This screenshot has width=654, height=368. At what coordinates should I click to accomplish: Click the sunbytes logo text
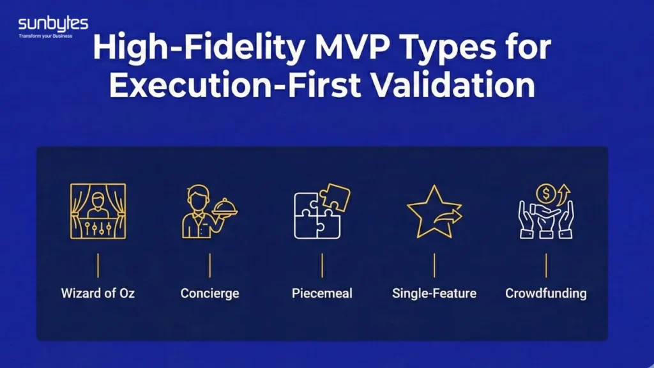coord(53,24)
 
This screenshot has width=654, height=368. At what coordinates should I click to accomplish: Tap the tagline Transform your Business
coord(45,36)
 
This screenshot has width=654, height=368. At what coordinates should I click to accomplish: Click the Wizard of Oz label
coord(98,293)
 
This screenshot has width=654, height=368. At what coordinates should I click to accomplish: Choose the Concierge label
coord(209,293)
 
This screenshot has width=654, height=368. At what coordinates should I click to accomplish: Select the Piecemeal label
coord(322,293)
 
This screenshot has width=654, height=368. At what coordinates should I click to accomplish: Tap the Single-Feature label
coord(434,293)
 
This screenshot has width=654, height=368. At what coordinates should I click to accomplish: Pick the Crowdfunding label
coord(546,293)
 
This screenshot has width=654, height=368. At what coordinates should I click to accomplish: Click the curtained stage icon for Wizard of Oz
coord(98,211)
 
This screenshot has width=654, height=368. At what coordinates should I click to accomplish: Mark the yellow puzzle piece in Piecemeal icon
coord(336,197)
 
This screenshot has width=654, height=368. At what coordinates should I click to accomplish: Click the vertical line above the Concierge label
coord(209,265)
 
